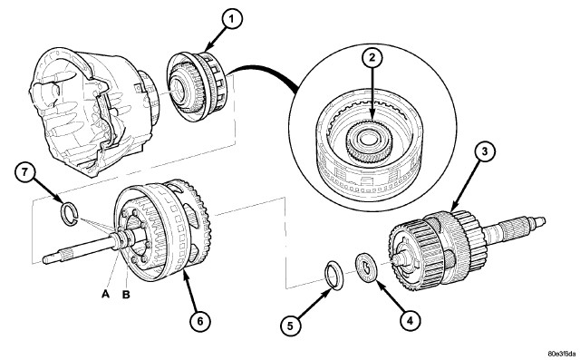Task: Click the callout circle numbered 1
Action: (231, 19)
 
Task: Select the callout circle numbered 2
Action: (372, 57)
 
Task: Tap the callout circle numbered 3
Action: (485, 151)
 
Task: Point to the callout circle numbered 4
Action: (410, 320)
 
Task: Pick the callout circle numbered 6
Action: (199, 321)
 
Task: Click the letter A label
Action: (106, 295)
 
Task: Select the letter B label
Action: (126, 295)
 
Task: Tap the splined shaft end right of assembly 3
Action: (517, 228)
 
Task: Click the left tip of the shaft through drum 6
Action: (44, 258)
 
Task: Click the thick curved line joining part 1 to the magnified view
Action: (263, 71)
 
